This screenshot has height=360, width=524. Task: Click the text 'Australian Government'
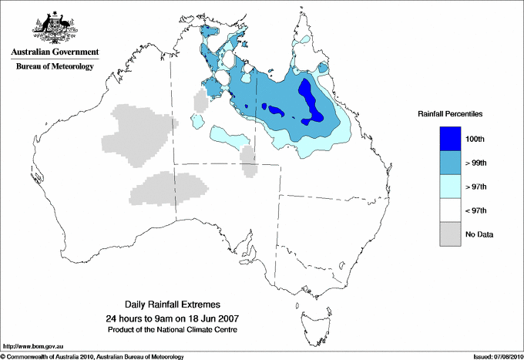52,53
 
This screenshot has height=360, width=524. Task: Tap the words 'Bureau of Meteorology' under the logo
55,67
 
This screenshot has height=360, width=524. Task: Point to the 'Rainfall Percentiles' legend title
450,113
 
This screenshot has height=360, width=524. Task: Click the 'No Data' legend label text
478,234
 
